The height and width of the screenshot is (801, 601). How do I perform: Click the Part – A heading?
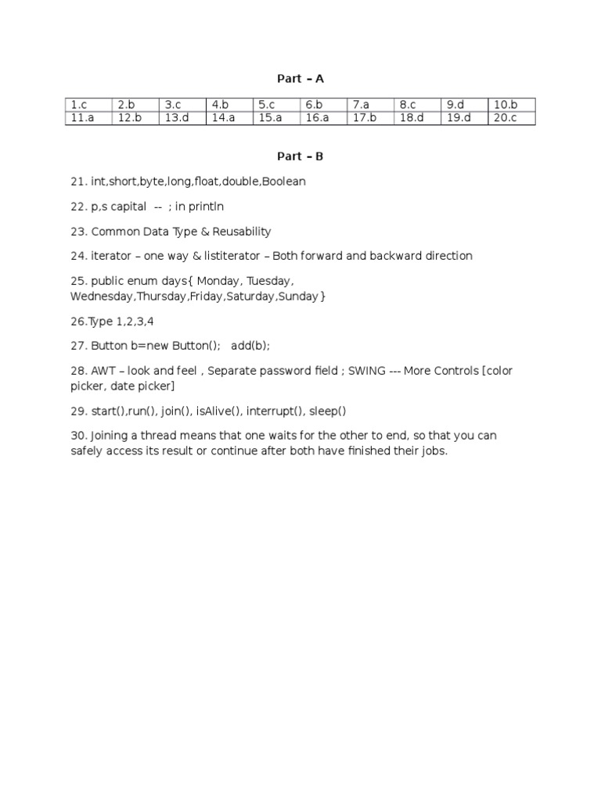[x=300, y=78]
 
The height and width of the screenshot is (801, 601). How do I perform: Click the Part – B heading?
[x=300, y=156]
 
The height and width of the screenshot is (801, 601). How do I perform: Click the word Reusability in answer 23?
[x=239, y=232]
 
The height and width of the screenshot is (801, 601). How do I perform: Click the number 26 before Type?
[x=77, y=321]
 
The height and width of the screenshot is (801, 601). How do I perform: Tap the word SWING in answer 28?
[x=367, y=371]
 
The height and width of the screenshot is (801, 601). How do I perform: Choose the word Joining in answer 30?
[x=111, y=436]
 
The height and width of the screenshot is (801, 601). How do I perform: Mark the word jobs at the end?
[x=433, y=451]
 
